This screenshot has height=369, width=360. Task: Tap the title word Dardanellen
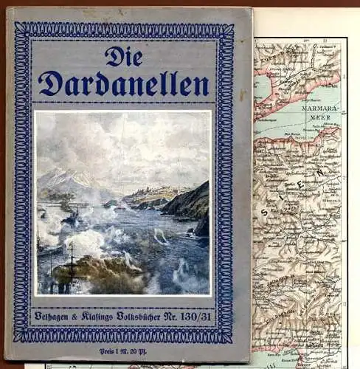tap(123, 85)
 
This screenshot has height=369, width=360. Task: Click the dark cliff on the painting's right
tap(192, 203)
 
